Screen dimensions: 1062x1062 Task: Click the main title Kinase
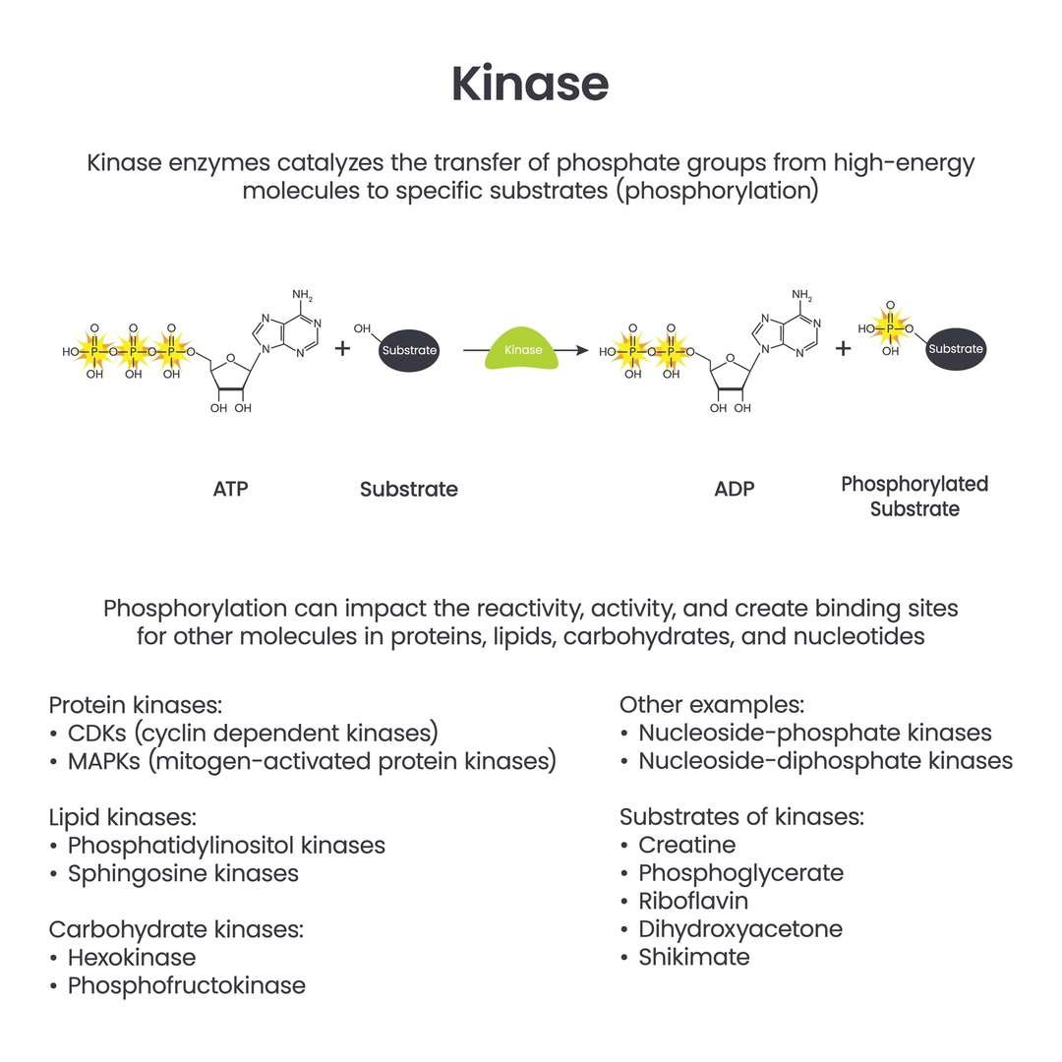[530, 85]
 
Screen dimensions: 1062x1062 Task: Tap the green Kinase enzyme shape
[523, 351]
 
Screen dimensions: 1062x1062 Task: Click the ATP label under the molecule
[231, 489]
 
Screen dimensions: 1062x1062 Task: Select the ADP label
[735, 489]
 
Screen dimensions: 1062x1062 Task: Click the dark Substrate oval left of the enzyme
[409, 351]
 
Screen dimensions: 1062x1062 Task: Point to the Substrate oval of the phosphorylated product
[955, 349]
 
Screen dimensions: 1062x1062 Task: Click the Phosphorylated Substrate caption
[914, 497]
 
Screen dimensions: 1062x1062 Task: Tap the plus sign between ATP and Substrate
[342, 349]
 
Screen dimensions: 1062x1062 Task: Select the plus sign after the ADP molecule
[844, 349]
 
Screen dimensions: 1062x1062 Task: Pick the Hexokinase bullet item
[131, 957]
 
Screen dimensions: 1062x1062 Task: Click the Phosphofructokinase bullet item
[186, 985]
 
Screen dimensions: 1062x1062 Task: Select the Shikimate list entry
[693, 957]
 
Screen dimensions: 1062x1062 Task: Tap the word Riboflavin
[693, 901]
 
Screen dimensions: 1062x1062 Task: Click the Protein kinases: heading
[136, 705]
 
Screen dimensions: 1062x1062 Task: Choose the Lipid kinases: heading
[123, 817]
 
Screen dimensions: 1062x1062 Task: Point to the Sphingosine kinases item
[183, 873]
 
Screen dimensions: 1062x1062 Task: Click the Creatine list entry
[686, 845]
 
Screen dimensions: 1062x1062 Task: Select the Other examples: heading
[712, 705]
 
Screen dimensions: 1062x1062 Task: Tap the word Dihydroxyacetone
[739, 929]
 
